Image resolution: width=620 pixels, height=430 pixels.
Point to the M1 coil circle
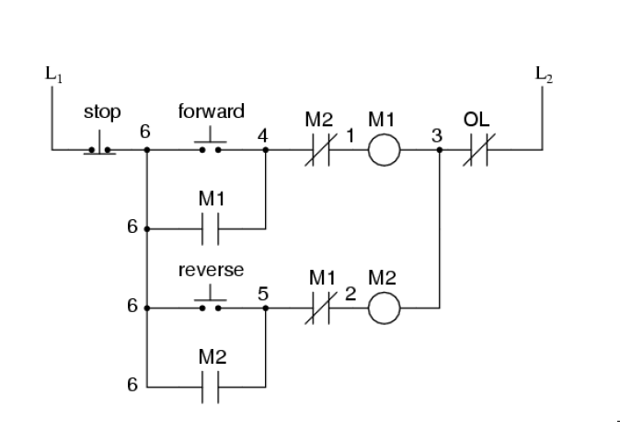(x=384, y=150)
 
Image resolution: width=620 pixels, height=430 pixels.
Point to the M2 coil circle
(x=384, y=310)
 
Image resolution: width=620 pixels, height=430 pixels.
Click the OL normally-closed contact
(x=478, y=150)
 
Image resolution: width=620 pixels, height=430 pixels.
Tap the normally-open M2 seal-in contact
(x=211, y=388)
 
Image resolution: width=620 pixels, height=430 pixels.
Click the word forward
(x=211, y=112)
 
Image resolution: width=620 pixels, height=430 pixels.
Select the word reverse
(x=211, y=271)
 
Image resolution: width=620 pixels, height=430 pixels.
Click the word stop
(x=101, y=113)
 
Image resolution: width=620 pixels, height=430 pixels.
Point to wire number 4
(x=264, y=134)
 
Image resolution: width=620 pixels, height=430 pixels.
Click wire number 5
(x=263, y=295)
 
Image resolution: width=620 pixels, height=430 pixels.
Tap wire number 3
(x=437, y=134)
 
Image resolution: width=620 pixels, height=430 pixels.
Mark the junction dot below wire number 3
(x=441, y=150)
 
